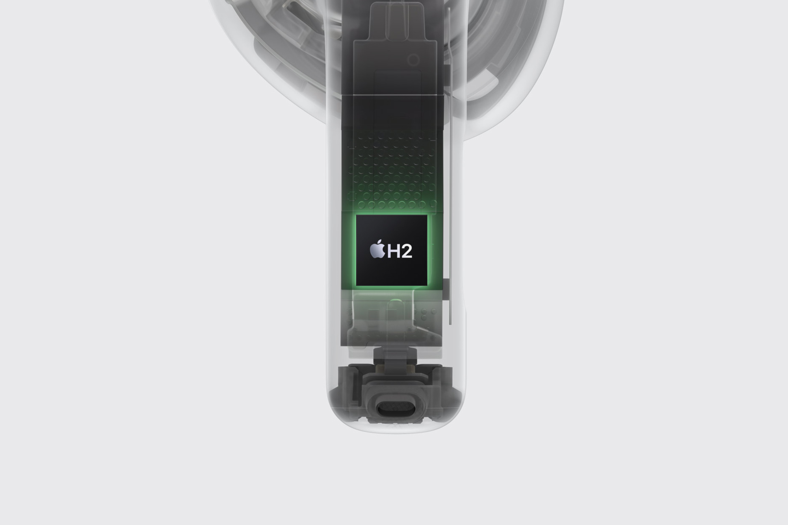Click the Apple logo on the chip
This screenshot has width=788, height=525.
pos(377,249)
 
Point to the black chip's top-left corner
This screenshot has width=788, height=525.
pos(356,215)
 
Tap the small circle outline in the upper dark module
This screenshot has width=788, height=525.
pos(413,60)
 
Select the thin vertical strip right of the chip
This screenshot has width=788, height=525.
pos(450,197)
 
